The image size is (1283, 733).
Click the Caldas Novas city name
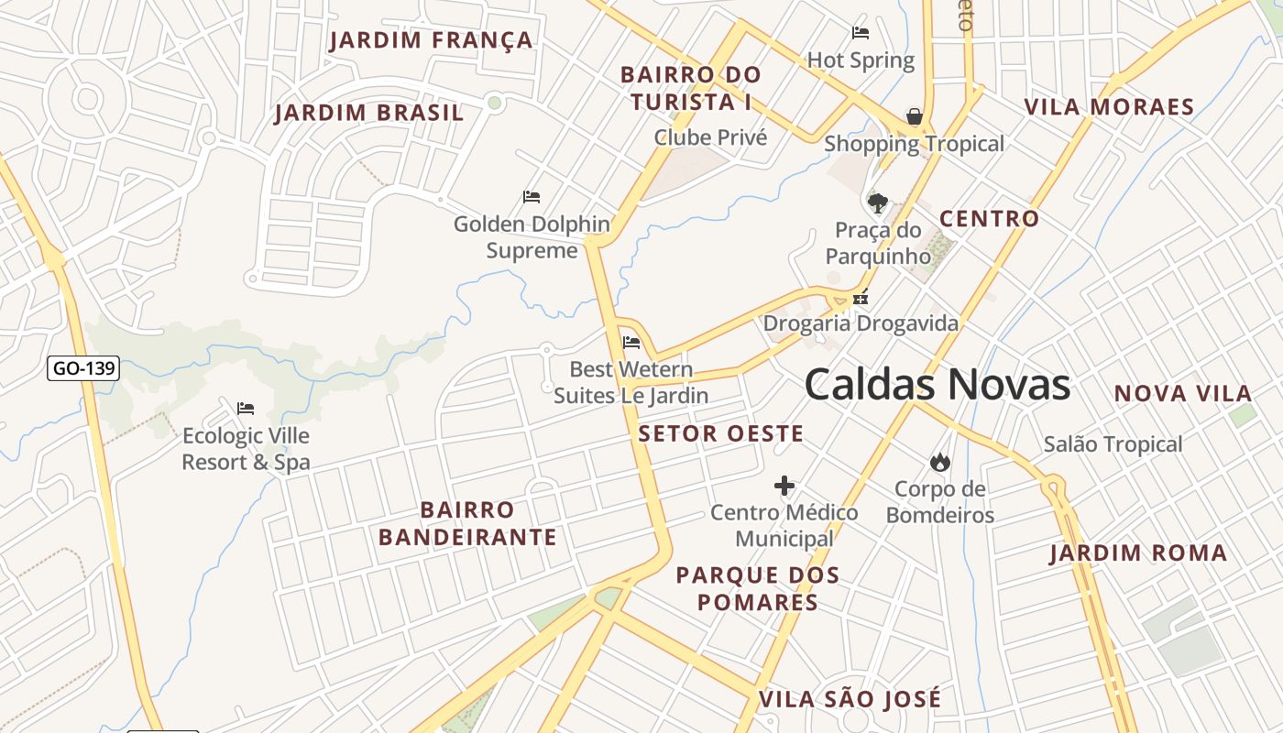point(937,385)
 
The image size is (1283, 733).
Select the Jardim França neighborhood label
point(431,40)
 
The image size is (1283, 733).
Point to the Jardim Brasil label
point(369,114)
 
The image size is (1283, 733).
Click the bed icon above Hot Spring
point(861,33)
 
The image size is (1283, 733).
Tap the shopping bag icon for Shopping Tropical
point(914,116)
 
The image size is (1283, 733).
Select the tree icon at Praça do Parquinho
point(878,202)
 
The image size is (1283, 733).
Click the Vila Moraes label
point(1109,107)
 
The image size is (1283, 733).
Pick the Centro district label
point(989,219)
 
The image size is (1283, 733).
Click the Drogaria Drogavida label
point(861,323)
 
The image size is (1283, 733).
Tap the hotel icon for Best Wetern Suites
point(631,343)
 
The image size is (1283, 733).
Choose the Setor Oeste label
point(720,433)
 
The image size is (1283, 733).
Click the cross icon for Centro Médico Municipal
point(784,486)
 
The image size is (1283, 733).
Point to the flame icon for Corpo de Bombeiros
point(939,462)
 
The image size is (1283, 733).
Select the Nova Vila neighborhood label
point(1182,394)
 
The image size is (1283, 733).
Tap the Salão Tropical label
point(1113,444)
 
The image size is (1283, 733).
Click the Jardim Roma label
point(1138,553)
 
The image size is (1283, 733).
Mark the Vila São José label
point(850,700)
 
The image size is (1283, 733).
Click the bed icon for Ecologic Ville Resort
point(245,409)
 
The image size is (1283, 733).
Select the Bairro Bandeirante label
point(467,523)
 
